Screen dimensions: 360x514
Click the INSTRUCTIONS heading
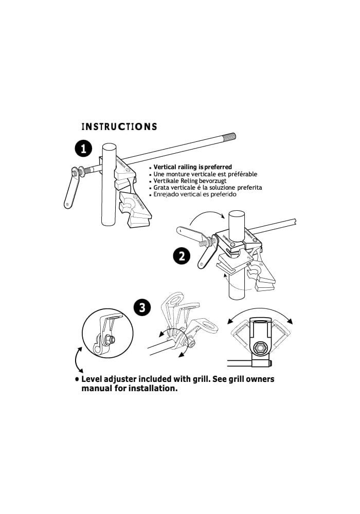click(x=119, y=126)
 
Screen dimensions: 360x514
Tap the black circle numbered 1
click(x=84, y=149)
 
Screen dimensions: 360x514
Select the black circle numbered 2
click(x=182, y=256)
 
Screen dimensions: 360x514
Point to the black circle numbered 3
click(x=142, y=308)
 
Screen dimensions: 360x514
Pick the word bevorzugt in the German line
click(x=213, y=180)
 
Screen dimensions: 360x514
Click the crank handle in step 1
click(x=71, y=188)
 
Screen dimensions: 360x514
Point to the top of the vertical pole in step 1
click(x=109, y=146)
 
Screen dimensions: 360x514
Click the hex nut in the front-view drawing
click(x=260, y=348)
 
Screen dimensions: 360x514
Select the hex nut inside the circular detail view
click(x=111, y=340)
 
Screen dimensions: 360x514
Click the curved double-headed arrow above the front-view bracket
click(x=260, y=310)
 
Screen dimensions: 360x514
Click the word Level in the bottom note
click(x=92, y=379)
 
